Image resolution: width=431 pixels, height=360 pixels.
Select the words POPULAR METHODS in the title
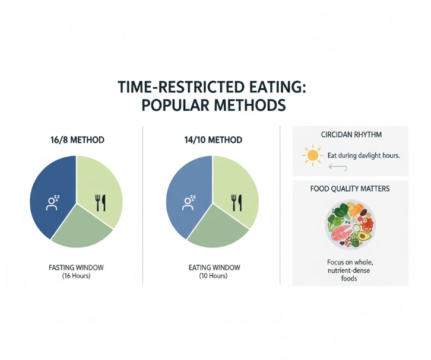coord(214,106)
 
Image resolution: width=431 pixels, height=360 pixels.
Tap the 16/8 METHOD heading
coord(77,140)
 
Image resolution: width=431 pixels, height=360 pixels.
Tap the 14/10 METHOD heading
coord(213,140)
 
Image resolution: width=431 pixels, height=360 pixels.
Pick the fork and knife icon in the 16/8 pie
coord(100,203)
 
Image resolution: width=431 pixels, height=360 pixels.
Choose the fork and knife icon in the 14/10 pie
coord(237,203)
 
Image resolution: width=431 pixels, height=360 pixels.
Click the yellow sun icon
coord(311,156)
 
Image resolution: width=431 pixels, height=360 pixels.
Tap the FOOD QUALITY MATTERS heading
coord(350,190)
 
